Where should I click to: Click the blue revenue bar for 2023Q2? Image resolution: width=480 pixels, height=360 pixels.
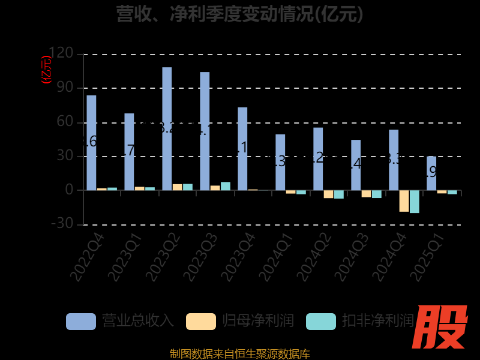(x=167, y=128)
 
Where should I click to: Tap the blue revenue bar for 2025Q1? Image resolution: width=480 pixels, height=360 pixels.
(x=431, y=173)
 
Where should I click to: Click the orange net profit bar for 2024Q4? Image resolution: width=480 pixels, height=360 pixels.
(x=404, y=201)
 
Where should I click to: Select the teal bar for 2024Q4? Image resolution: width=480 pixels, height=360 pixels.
(x=415, y=202)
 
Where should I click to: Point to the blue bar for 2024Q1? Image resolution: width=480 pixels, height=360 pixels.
(x=280, y=162)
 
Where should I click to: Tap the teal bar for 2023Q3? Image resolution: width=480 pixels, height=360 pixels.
(x=226, y=186)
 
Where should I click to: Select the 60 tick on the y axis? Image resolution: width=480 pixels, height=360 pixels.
(x=65, y=122)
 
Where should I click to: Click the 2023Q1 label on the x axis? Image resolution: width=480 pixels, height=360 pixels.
(x=126, y=258)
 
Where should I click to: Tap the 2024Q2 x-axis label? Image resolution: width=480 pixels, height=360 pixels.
(x=314, y=258)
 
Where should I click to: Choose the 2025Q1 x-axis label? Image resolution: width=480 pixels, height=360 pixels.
(x=427, y=258)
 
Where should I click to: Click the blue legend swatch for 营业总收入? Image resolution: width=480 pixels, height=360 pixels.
(x=81, y=321)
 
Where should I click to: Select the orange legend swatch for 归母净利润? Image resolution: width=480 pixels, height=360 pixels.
(x=201, y=321)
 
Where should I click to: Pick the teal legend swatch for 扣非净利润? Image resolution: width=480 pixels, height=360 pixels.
(x=321, y=321)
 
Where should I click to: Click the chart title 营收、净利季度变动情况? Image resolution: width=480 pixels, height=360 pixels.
(x=240, y=13)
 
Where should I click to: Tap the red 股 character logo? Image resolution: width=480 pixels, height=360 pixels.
(x=441, y=327)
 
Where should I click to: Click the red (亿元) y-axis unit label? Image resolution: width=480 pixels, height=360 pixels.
(x=46, y=70)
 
